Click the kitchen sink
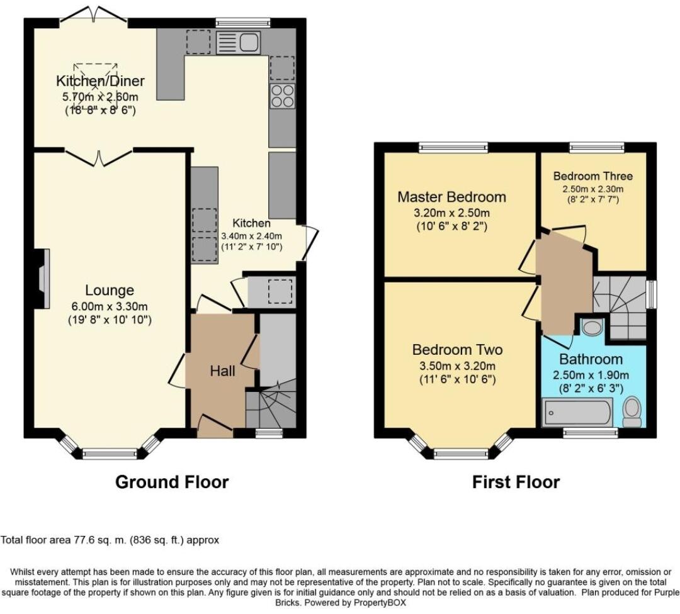click(x=238, y=43)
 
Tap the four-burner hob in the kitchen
click(x=282, y=96)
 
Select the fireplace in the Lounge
click(x=43, y=279)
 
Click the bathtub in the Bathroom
click(x=577, y=413)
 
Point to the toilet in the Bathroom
click(x=632, y=413)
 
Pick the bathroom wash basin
click(x=591, y=327)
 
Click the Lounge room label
click(x=110, y=290)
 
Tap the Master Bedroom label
click(x=452, y=197)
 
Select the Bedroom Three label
click(x=593, y=176)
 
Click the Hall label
click(x=222, y=371)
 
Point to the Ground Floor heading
click(x=172, y=482)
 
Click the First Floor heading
click(x=516, y=482)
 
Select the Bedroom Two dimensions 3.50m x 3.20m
click(x=457, y=366)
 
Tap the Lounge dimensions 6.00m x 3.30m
click(x=110, y=307)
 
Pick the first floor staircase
click(x=620, y=308)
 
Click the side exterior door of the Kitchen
click(x=312, y=243)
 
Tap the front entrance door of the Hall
click(x=215, y=423)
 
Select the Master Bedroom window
click(x=453, y=148)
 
